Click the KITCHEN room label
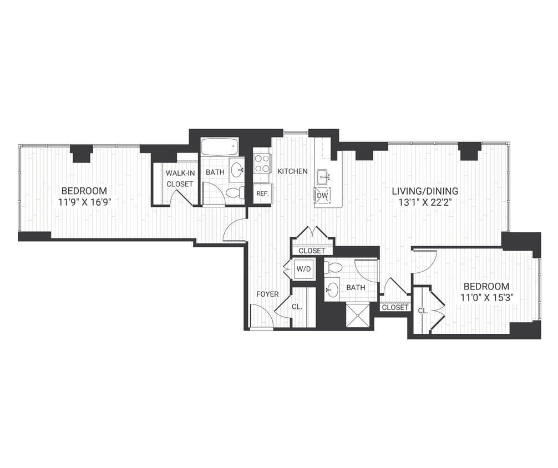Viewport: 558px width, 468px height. coord(292,171)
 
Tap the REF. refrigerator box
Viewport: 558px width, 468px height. coord(261,194)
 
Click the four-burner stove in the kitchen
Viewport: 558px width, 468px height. coord(262,164)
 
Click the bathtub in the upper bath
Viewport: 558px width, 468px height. coord(220,147)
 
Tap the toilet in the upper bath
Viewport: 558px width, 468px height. coord(235,193)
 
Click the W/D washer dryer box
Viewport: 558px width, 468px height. coord(303,270)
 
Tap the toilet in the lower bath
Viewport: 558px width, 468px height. coord(334,267)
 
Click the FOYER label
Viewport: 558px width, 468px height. coord(267,294)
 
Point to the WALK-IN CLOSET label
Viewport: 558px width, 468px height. coord(179,178)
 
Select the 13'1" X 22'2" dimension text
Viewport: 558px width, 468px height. coord(425,202)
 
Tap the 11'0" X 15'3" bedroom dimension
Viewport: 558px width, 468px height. coord(486,297)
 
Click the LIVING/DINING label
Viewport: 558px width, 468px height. coord(425,191)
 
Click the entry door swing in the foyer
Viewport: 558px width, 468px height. coord(260,317)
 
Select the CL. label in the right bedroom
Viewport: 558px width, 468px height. coord(423,311)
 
